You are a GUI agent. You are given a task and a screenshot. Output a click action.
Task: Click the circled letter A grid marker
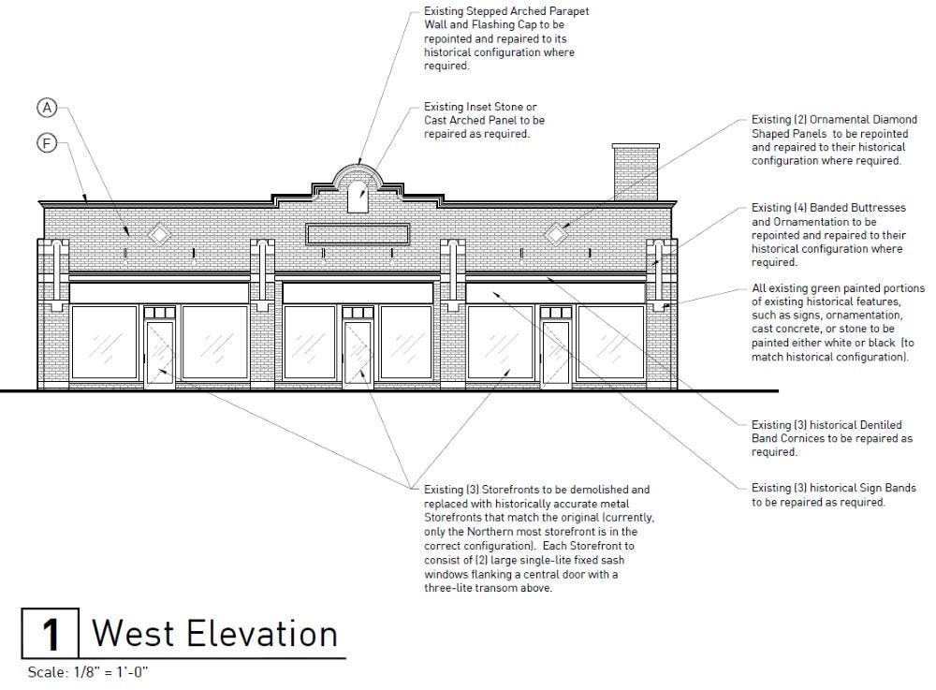(48, 109)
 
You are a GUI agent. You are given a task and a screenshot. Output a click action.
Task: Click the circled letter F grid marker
(48, 143)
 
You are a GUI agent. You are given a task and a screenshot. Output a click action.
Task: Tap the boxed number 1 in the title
(51, 634)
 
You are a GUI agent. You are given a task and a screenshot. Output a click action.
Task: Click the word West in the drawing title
(132, 634)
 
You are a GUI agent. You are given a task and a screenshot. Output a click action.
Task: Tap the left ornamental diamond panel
(160, 233)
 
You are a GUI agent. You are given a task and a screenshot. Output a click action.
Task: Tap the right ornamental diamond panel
(556, 233)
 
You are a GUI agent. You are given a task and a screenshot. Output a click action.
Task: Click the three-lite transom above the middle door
(357, 312)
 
